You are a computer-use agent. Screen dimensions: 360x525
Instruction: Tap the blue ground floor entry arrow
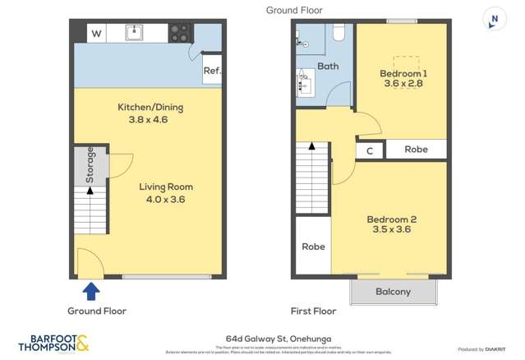click(x=92, y=290)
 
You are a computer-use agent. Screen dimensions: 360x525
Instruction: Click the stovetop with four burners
click(x=181, y=33)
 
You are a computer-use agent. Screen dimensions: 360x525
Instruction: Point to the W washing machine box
click(x=97, y=34)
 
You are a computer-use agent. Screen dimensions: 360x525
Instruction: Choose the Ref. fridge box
click(x=212, y=72)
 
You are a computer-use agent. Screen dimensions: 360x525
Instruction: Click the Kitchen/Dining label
click(x=150, y=107)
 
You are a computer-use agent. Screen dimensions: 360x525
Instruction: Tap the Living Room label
click(x=166, y=187)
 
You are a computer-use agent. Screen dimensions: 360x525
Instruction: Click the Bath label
click(x=328, y=66)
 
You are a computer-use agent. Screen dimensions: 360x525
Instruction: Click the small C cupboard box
click(x=370, y=150)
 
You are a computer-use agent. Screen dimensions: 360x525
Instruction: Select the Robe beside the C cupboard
click(x=416, y=150)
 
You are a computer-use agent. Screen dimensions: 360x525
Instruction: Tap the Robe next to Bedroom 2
click(x=313, y=247)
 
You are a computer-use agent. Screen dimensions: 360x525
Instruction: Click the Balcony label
click(x=393, y=292)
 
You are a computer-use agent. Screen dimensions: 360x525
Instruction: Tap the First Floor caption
click(x=315, y=312)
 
